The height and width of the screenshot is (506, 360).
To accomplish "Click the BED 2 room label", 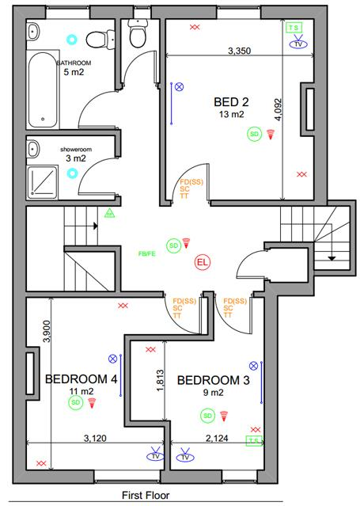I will pos(231,101).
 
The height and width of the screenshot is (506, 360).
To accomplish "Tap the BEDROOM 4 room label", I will pos(81,379).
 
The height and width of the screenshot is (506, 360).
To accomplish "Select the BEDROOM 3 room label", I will pos(213,381).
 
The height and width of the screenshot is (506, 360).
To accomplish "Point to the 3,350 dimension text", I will pos(239,51).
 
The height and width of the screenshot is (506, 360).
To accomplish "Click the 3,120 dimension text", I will pos(95,437).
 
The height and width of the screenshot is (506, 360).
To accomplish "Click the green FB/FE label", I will pos(146,254).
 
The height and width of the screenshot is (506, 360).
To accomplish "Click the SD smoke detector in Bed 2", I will pos(254,135).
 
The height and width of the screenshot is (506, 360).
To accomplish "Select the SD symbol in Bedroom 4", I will pos(76,403).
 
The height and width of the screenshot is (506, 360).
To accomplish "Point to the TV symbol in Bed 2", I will pos(298,44).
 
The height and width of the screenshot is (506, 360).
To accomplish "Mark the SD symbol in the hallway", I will pos(172,245).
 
